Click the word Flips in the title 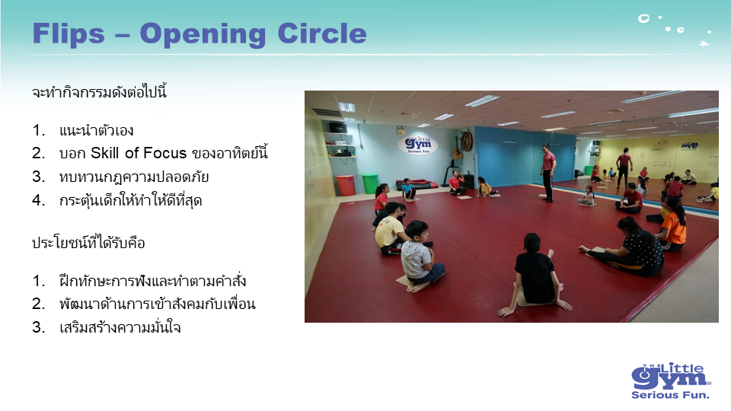coord(69,34)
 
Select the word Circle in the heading coord(322,33)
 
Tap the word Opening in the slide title coord(203,34)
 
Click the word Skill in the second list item coord(104,153)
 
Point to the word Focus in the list coord(164,153)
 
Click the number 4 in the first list coord(37,200)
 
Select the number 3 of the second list coord(37,327)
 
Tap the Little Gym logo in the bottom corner coord(671,381)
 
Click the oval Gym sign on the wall coord(418,145)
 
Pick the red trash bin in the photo coord(346,185)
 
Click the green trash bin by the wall coord(370,183)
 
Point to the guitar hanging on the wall coord(457,148)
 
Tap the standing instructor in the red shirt coord(548,173)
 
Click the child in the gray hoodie coord(419,256)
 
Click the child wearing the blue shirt coord(408,190)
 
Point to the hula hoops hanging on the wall coord(466,141)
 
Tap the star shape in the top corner coord(704,43)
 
